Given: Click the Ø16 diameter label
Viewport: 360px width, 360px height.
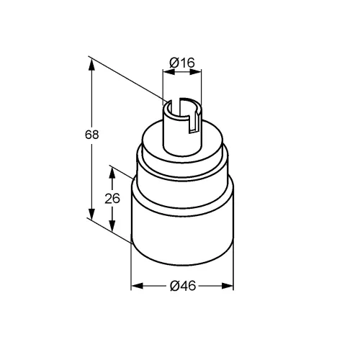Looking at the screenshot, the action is pos(182,63).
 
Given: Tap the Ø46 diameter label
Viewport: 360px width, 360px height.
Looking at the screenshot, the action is pos(183,286).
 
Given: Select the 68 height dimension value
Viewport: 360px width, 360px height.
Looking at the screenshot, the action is pos(92,135).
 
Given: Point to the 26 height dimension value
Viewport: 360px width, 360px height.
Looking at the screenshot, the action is pos(112,199).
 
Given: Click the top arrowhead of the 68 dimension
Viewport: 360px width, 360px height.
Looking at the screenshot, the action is pos(91,64).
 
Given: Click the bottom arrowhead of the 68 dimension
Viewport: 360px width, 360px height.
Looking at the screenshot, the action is pos(91,214).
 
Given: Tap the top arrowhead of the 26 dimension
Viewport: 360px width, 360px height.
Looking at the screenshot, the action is pos(112,172).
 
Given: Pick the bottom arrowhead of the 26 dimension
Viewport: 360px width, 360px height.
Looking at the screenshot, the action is pos(112,225).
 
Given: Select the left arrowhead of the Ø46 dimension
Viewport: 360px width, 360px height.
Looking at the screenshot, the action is pos(137,286).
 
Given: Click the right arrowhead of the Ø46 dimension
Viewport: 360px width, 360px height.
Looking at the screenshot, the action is pos(228,286).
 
